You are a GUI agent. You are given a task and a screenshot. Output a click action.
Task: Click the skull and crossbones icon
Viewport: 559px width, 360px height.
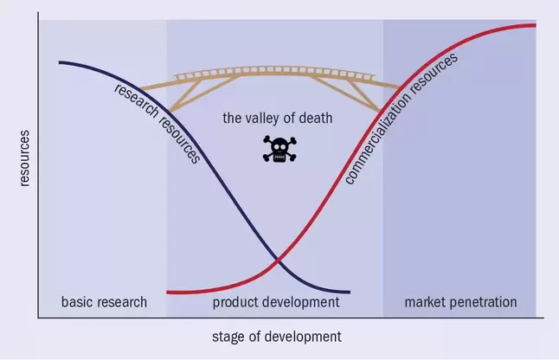pos(279,150)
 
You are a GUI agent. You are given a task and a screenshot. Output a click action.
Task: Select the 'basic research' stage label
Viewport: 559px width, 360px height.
pos(104,302)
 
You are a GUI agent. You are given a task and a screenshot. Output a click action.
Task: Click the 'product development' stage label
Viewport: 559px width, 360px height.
pos(276,303)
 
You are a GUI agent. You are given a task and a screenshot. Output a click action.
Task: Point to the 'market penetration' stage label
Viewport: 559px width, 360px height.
pos(460,303)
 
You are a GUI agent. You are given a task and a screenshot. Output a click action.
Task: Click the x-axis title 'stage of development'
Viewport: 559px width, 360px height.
pos(277,337)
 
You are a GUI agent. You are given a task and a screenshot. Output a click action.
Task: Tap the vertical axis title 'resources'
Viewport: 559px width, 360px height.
pos(24,158)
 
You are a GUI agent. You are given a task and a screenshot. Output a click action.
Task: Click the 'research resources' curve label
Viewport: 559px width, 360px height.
pos(157,124)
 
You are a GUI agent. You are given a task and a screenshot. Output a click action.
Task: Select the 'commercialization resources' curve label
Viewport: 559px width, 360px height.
pos(401,119)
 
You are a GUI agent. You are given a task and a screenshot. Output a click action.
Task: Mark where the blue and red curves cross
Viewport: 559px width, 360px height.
pos(278,261)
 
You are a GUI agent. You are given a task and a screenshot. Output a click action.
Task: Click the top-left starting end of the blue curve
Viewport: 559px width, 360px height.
pos(60,62)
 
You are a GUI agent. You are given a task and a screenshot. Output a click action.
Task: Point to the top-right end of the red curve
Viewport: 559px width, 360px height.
pos(535,25)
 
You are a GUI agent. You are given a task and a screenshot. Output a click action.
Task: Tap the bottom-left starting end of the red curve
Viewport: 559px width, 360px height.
pos(168,292)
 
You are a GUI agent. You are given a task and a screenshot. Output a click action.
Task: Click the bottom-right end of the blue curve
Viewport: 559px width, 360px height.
pos(350,292)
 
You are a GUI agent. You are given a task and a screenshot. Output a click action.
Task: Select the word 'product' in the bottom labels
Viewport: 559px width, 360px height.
pos(235,303)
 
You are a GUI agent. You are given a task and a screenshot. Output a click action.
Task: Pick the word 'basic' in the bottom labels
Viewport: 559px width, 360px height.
pos(76,302)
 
